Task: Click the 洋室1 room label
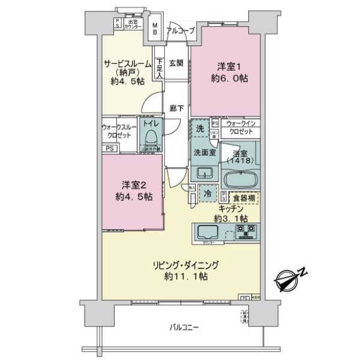[226, 72]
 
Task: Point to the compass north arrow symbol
[290, 277]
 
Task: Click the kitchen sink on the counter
[207, 232]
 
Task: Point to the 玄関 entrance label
[175, 62]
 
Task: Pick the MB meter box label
[155, 29]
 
